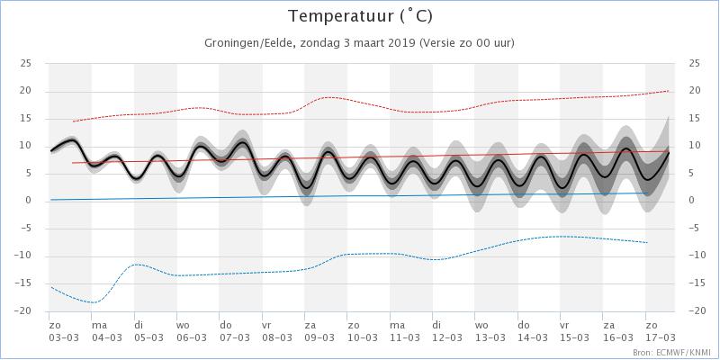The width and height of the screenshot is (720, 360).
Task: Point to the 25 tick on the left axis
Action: point(26,63)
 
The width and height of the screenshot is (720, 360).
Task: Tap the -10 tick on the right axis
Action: point(696,256)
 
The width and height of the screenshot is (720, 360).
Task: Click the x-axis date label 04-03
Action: point(107,338)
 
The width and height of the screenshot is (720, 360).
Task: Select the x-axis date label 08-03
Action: point(277,338)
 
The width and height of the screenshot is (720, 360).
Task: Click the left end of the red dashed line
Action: point(74,121)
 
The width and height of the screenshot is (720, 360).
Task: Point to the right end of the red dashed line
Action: point(668,91)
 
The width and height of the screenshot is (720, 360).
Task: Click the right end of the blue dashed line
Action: point(647,242)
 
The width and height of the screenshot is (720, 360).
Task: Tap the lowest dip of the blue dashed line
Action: point(94,302)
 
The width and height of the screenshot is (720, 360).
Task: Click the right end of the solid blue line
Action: point(647,193)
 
